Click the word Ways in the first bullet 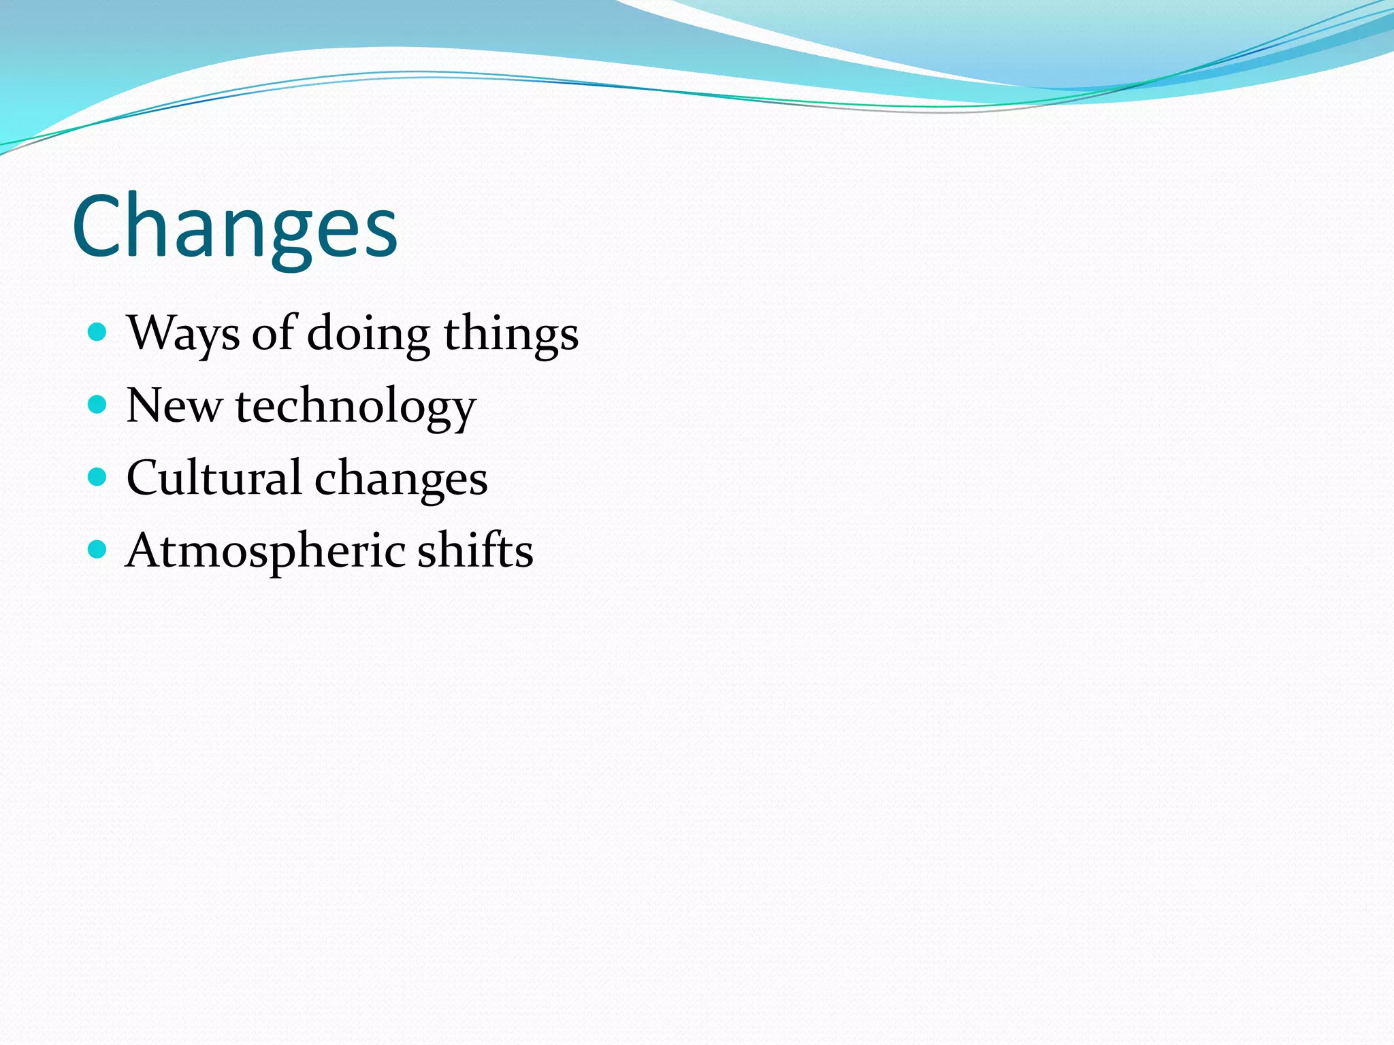click(x=183, y=333)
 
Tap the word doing click(x=368, y=333)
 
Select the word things click(x=510, y=333)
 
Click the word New click(x=174, y=405)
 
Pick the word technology click(x=355, y=407)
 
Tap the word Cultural click(x=214, y=478)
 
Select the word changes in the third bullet click(x=401, y=479)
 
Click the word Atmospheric click(x=265, y=551)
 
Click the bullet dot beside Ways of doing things click(x=98, y=332)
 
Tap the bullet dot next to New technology click(x=98, y=405)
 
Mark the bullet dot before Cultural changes click(x=98, y=477)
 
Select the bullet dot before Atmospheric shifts click(x=98, y=549)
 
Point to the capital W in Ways click(x=150, y=333)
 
